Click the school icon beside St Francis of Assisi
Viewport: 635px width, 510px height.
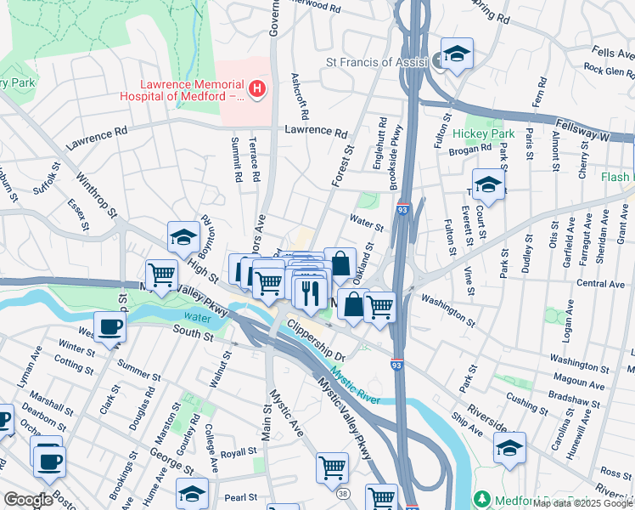(x=457, y=54)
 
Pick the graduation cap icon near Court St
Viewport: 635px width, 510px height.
(x=488, y=184)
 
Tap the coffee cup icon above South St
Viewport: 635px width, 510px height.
(x=110, y=327)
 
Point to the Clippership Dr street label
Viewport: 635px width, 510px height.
(x=314, y=340)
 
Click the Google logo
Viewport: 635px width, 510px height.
(x=28, y=500)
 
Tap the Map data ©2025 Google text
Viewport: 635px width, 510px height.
(x=582, y=503)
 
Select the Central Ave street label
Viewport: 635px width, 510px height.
(x=599, y=283)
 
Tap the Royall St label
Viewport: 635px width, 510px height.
(x=238, y=451)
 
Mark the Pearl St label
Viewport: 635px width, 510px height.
(x=241, y=497)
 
